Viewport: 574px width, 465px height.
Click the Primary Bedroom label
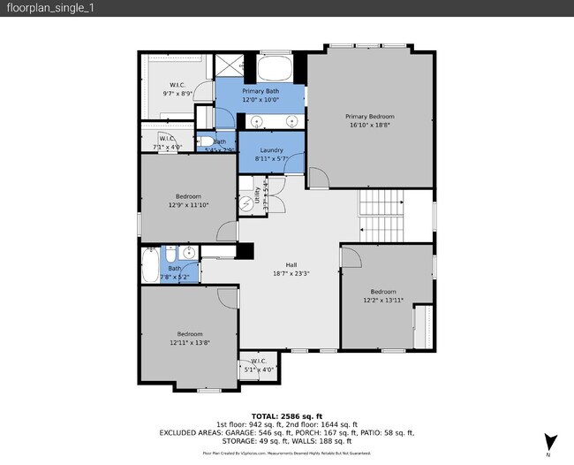coord(369,117)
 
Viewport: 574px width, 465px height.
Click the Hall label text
coord(291,265)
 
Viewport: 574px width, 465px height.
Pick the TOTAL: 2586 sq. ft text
coord(287,415)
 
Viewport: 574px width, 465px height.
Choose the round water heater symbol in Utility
coord(247,202)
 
